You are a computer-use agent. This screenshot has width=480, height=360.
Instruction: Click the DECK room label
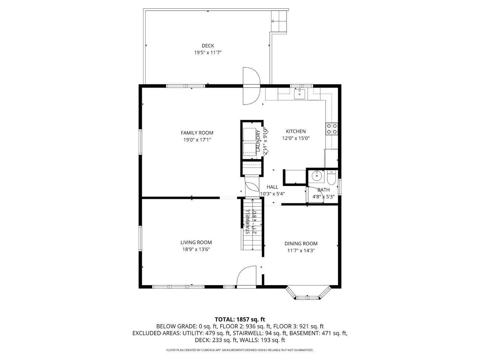[x=208, y=46]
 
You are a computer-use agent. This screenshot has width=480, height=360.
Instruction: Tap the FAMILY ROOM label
[x=197, y=133]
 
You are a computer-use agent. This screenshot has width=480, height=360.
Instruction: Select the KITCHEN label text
[x=295, y=131]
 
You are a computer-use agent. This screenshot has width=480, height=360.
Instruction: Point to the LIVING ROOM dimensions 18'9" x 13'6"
[x=196, y=250]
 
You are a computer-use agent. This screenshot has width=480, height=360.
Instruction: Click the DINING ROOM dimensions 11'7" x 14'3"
[x=301, y=251]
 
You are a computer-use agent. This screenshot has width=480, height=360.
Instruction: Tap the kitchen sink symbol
[x=300, y=94]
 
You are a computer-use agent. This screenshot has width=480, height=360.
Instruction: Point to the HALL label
[x=272, y=187]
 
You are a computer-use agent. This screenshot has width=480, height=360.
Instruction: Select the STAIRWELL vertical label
[x=248, y=222]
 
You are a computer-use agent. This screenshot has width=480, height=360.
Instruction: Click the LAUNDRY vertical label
[x=258, y=141]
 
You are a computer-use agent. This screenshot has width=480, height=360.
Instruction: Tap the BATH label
[x=323, y=190]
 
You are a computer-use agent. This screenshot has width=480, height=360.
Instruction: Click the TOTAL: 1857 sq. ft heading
[x=240, y=319]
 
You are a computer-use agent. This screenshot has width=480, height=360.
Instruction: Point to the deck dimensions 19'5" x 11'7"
[x=208, y=53]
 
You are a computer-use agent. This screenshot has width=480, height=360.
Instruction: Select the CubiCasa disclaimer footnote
[x=240, y=350]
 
